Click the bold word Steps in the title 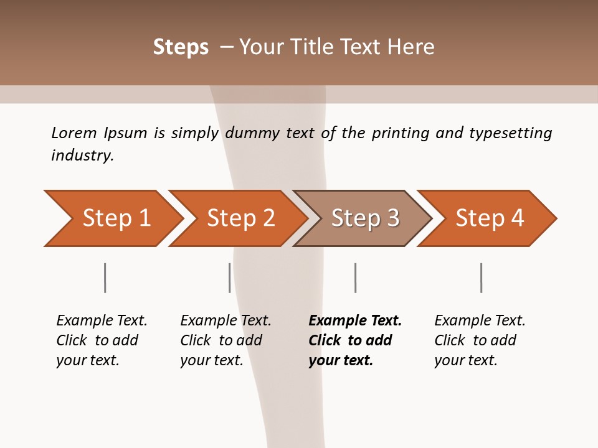click(181, 47)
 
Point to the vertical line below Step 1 click(105, 278)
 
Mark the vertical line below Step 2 click(230, 278)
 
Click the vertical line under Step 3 click(355, 278)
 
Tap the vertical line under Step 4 click(482, 278)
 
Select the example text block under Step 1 click(101, 340)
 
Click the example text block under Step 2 click(225, 340)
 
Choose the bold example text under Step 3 click(354, 340)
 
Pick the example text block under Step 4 click(479, 340)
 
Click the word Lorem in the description click(74, 133)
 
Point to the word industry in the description click(82, 156)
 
